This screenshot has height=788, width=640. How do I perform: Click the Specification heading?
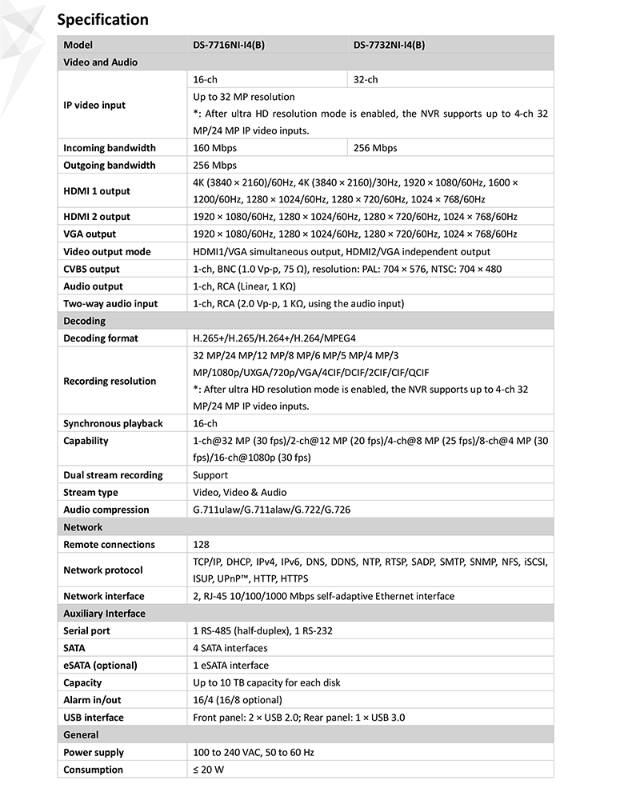pos(102,19)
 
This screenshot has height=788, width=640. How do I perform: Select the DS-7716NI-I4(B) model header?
pos(229,45)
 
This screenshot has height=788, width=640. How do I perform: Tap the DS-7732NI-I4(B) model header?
pos(390,45)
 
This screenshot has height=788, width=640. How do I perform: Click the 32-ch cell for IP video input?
pos(366,80)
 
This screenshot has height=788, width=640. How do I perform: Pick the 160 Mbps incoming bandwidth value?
pos(215,148)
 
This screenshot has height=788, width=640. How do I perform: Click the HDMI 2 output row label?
pos(97,217)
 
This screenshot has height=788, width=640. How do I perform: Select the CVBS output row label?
pos(91,269)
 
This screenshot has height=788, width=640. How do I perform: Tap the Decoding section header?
pos(84,321)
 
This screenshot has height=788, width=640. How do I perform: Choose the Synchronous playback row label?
pos(113,424)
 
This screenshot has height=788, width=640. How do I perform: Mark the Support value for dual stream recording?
pos(210,475)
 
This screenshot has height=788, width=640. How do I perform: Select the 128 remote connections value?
pos(201,545)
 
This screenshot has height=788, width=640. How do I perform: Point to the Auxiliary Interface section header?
pos(104,614)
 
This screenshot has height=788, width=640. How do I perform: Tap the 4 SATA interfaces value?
pos(230,648)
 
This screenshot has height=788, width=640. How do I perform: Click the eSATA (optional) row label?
pos(100,666)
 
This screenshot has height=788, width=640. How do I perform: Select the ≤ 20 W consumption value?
pos(210,770)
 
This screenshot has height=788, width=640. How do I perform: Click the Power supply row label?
pos(93,752)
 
